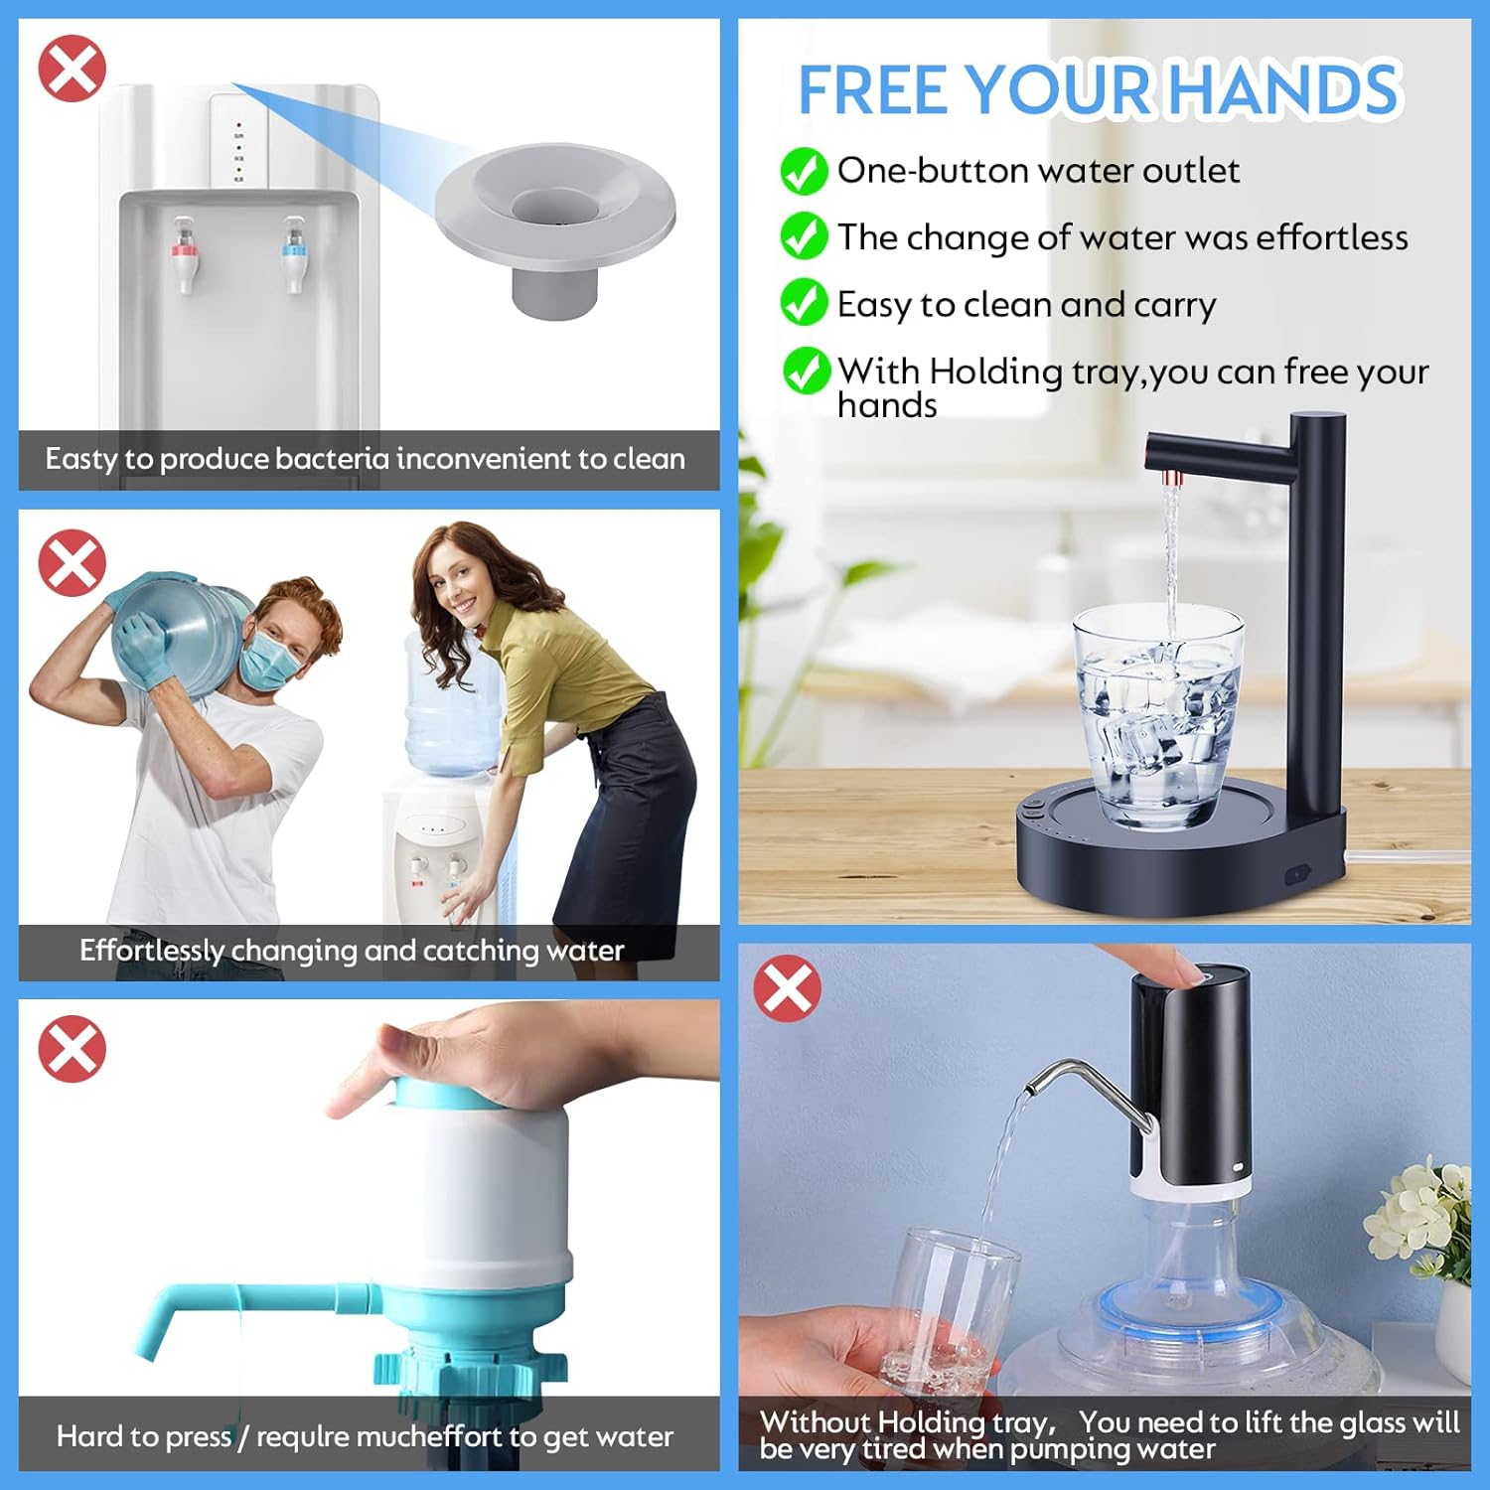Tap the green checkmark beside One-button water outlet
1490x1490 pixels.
point(804,171)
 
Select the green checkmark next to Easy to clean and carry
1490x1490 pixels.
point(804,302)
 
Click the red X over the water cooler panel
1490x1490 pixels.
point(72,69)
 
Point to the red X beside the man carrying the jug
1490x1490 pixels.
point(72,562)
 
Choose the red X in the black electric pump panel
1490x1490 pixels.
point(788,988)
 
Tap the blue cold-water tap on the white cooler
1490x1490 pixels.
point(292,255)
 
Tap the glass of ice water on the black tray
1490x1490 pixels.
point(1158,715)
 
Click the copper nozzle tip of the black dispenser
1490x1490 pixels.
point(1173,479)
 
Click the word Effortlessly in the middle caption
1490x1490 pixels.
point(152,951)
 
